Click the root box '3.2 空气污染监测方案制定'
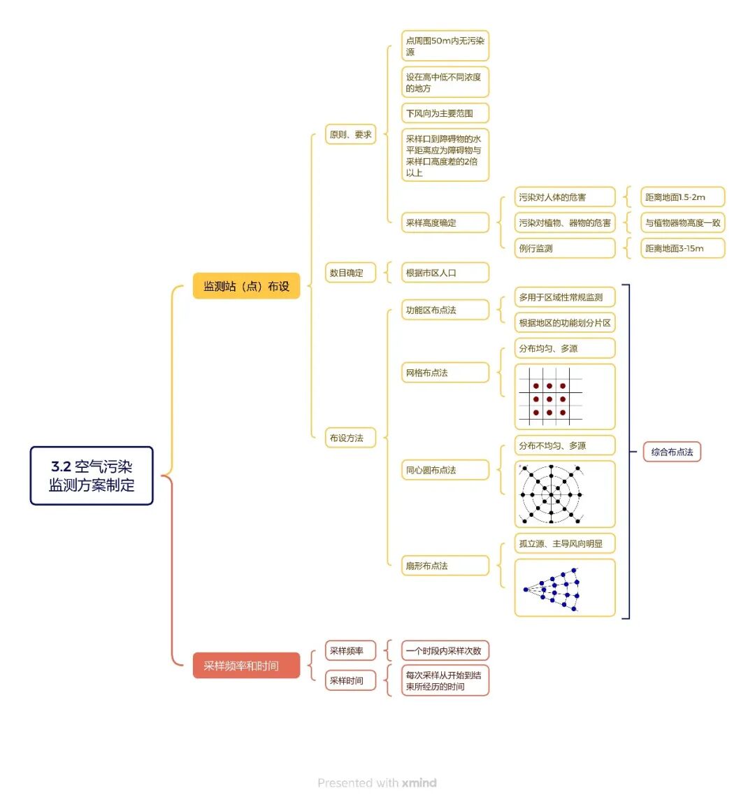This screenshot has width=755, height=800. (92, 476)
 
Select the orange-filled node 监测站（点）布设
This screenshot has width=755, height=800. (246, 286)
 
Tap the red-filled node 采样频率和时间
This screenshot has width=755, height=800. (246, 665)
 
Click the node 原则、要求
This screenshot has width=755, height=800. (350, 134)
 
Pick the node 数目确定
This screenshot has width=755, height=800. (350, 273)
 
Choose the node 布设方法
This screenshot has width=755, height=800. (350, 438)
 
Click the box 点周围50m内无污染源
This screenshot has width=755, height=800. (445, 46)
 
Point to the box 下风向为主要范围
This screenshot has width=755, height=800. (445, 113)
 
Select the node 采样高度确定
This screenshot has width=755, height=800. (445, 222)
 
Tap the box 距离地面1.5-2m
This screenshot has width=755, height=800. (682, 197)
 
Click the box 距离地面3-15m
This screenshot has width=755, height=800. (682, 248)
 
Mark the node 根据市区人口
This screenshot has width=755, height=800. (445, 273)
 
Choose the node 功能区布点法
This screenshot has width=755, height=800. (445, 310)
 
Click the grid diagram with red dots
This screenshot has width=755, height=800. (565, 397)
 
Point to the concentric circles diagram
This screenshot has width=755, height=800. (565, 494)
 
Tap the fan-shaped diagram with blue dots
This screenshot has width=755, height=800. (565, 587)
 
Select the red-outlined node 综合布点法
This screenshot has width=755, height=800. (672, 452)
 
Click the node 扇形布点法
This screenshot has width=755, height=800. (445, 565)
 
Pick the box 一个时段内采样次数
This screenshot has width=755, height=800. (445, 650)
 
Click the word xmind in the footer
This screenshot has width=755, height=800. (419, 783)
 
